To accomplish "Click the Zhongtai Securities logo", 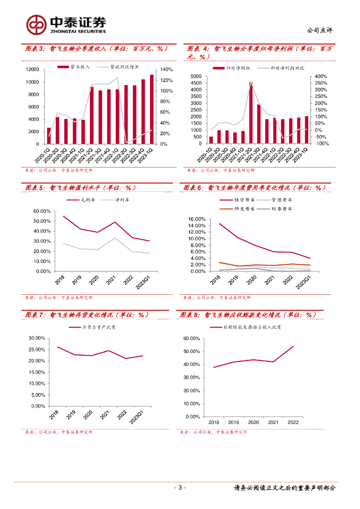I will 67,24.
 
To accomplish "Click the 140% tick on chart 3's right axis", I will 166,70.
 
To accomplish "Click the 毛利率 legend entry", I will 81,200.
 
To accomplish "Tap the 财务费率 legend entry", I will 280,209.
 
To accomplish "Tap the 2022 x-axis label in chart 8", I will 293,422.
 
